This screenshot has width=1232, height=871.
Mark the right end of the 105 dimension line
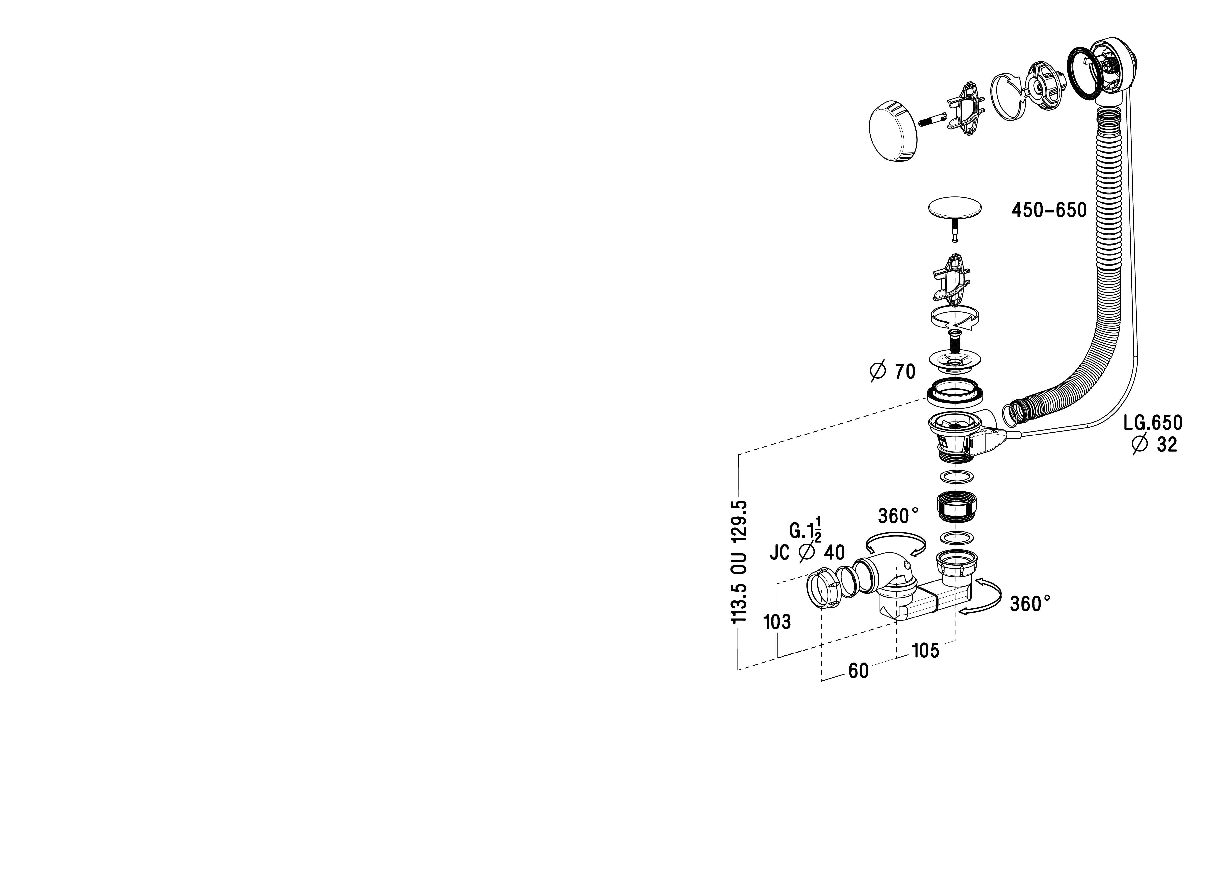pos(955,641)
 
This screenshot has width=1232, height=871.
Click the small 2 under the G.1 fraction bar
pos(818,539)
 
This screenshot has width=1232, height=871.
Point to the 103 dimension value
pos(778,622)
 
